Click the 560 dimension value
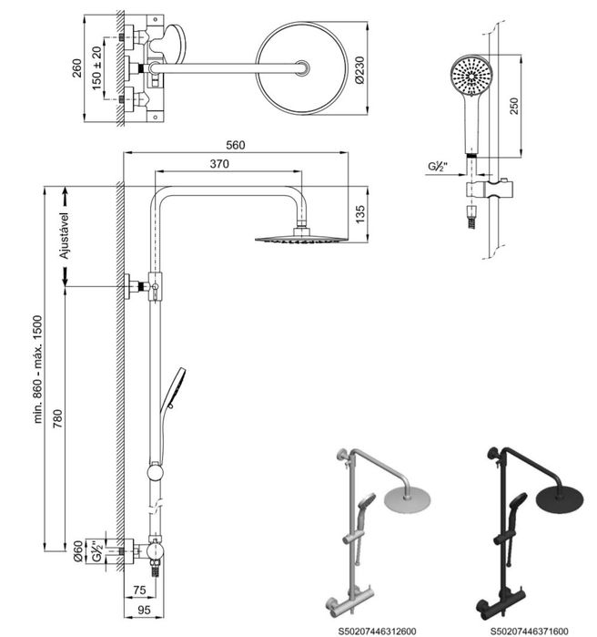[x=235, y=145]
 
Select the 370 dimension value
[x=218, y=164]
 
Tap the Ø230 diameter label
[x=359, y=67]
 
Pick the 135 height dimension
[x=359, y=213]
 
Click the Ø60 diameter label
[x=78, y=550]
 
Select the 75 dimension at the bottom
[x=139, y=589]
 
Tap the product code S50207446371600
[x=529, y=628]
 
